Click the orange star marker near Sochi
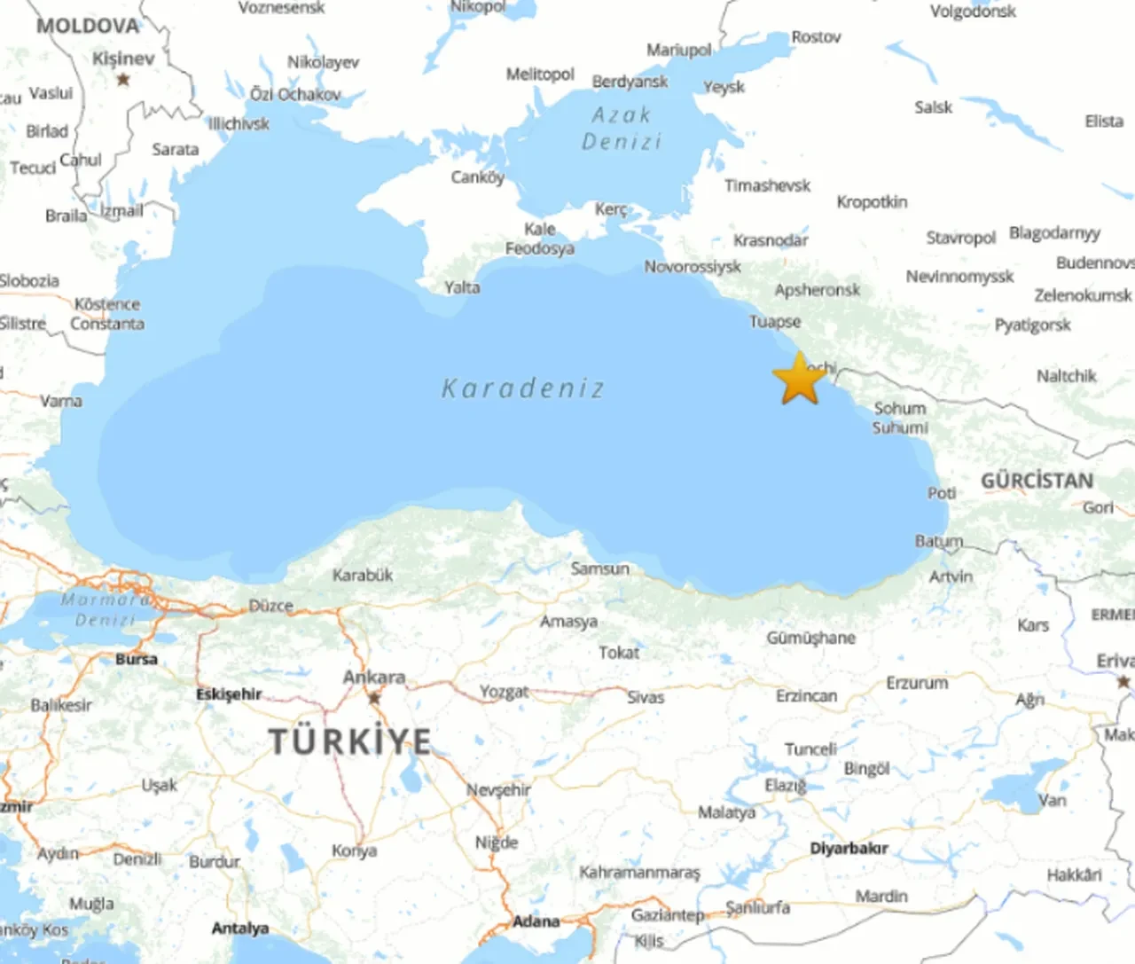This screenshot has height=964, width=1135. tap(800, 380)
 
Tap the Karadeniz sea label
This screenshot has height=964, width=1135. tap(523, 388)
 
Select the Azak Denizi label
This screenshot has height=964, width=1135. tap(622, 129)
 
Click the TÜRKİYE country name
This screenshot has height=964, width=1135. tap(350, 741)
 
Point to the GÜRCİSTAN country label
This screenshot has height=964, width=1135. tap(1037, 481)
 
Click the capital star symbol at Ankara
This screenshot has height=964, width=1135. tap(374, 698)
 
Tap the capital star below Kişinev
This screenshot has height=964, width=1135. tap(123, 80)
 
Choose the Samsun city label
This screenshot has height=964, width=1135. tap(600, 568)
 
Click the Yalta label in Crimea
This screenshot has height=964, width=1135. tap(462, 287)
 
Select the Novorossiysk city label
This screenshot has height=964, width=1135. tap(693, 266)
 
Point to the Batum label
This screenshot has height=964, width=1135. tap(939, 540)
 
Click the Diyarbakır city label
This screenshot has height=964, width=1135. tap(849, 848)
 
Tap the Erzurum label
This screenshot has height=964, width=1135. tap(917, 683)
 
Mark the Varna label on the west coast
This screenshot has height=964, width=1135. tap(61, 401)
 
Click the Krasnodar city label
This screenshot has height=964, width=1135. tap(771, 240)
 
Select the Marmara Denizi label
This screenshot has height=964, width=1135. tap(105, 609)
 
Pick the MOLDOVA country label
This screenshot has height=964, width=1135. tap(88, 26)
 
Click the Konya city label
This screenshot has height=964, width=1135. tap(354, 850)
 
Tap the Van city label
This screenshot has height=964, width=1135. tap(1053, 800)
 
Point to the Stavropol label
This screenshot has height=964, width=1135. tap(961, 238)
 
